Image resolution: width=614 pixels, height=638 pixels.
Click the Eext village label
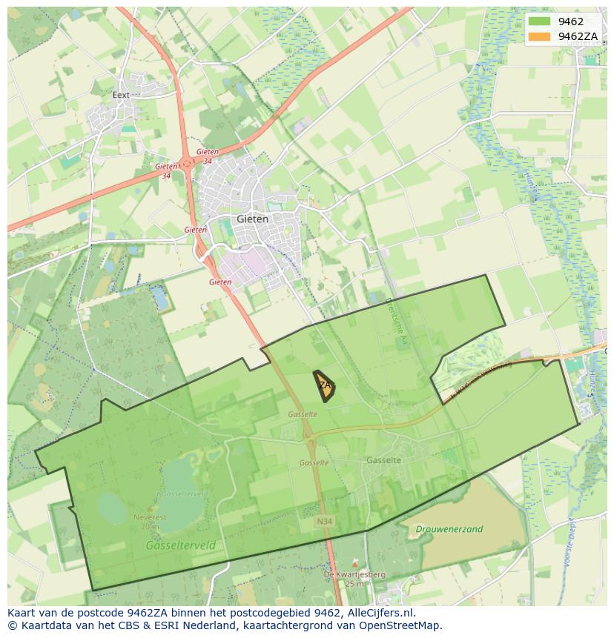(121, 95)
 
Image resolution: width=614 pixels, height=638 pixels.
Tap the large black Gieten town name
(252, 219)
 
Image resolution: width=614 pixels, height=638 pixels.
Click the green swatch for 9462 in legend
(539, 21)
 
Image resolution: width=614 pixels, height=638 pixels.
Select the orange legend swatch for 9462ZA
(539, 36)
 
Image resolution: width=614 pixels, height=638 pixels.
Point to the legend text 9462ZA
(578, 36)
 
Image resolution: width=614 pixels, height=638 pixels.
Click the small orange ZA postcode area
(324, 385)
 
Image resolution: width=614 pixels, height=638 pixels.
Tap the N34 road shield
(323, 522)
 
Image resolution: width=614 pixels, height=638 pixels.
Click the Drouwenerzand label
(449, 529)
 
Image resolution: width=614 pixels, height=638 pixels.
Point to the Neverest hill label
(147, 517)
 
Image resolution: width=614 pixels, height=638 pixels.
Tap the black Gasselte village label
(383, 460)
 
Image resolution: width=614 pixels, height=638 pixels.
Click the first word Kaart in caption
(22, 613)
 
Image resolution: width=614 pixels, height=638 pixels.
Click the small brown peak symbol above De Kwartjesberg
(354, 565)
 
